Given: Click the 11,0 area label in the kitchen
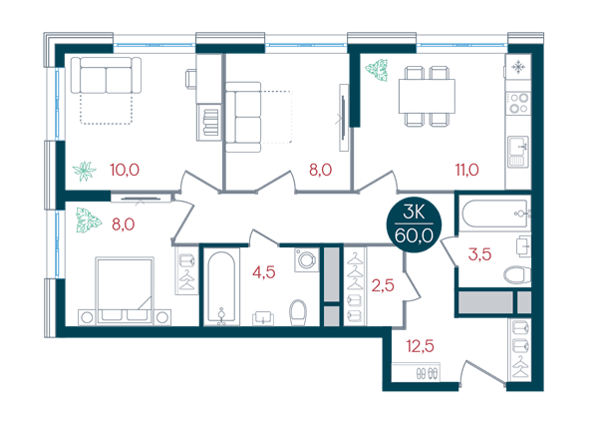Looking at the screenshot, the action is (x=466, y=170).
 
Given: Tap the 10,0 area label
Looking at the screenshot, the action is (x=125, y=170).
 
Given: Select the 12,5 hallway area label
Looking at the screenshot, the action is (x=420, y=346).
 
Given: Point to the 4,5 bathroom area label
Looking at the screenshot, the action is (x=264, y=272).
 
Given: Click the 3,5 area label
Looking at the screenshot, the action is (x=479, y=254).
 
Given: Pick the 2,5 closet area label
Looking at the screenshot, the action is (x=383, y=285).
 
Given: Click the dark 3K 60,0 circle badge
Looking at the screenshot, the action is (x=415, y=224).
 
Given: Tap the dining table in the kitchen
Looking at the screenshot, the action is (x=427, y=96).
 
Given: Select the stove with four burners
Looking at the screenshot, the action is (x=518, y=103).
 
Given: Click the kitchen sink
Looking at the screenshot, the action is (x=518, y=152).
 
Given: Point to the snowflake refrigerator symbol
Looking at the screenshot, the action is (x=518, y=68).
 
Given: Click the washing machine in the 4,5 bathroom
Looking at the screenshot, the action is (x=307, y=260).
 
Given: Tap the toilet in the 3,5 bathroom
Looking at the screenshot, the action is (x=517, y=274).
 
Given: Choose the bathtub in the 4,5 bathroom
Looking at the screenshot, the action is (x=221, y=287).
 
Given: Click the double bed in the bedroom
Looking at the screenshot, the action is (x=125, y=291).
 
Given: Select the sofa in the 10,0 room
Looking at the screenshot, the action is (x=106, y=75).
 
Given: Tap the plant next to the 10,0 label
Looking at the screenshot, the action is (x=85, y=172).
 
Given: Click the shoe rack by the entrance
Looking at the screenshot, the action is (x=416, y=372).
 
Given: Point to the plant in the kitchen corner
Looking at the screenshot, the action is (x=377, y=70).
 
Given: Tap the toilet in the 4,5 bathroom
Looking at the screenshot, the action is (x=298, y=312).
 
